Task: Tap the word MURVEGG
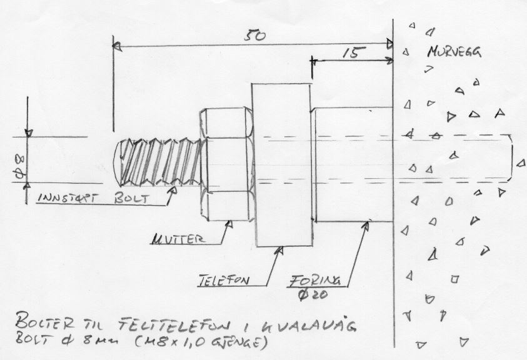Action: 454,53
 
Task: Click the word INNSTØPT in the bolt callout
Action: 68,198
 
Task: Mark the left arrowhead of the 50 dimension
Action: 116,45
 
